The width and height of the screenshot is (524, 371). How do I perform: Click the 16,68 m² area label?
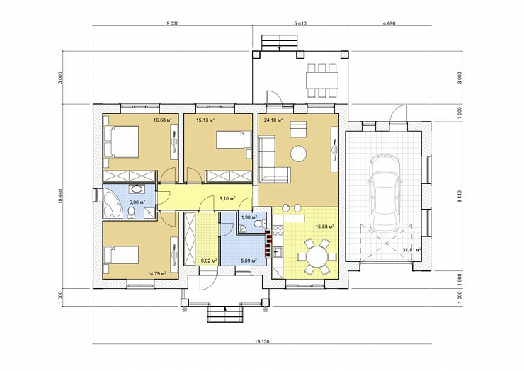pos(163,120)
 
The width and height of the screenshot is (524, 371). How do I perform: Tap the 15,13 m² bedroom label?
pos(205,120)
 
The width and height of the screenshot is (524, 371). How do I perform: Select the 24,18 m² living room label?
pos(273,120)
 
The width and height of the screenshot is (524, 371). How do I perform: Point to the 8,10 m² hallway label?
pos(227,198)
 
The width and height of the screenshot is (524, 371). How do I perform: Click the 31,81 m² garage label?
pos(411,249)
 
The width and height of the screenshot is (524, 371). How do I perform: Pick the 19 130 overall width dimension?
pos(262,341)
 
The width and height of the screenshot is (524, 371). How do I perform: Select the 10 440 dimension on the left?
pos(60,196)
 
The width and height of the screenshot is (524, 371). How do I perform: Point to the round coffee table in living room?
pos(298,154)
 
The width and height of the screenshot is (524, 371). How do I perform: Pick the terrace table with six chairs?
pos(321,80)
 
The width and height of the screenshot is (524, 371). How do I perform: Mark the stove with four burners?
pos(278,231)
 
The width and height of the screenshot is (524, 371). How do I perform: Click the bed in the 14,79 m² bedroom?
pos(120,255)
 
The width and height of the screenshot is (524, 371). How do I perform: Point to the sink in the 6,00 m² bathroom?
pos(137,189)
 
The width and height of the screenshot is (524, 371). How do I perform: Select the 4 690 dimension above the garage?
pos(389,23)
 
